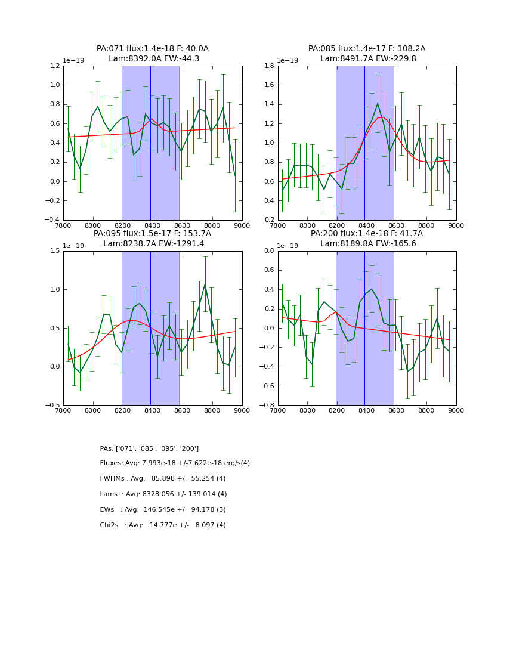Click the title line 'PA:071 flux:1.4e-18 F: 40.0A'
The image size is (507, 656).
coord(153,49)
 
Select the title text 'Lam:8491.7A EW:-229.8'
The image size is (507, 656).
coord(367,59)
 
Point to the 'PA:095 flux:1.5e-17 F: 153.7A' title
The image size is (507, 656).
coord(152,234)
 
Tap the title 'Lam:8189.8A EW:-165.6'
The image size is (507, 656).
coord(367,244)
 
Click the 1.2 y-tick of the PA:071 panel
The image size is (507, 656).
coord(55,66)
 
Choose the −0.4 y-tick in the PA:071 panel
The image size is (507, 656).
coord(53,220)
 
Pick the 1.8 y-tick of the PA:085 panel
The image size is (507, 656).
coord(270,66)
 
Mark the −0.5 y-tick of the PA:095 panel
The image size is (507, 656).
coord(53,405)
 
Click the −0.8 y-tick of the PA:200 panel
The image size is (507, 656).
coord(268,405)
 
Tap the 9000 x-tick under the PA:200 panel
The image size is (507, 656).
coord(456,410)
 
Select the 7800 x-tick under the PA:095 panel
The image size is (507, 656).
coord(63,410)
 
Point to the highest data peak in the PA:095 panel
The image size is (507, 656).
coord(205,283)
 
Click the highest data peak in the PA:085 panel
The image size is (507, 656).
coord(378,104)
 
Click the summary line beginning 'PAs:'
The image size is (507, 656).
coord(149,448)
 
